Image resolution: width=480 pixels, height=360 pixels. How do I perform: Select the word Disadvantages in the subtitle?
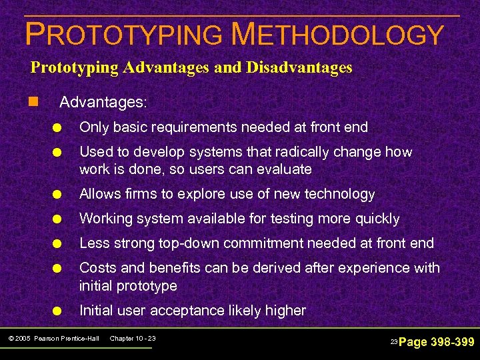coord(297,67)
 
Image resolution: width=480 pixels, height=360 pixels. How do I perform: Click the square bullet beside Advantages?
coord(33,103)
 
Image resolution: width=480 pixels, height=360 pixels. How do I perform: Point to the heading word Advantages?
coord(103,103)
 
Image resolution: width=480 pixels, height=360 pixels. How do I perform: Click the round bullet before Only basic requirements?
coord(59,127)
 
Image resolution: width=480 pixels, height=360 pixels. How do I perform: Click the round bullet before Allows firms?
coord(59,195)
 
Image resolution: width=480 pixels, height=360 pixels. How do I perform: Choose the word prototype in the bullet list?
coord(148,286)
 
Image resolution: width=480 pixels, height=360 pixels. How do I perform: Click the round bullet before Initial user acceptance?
coord(59,311)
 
